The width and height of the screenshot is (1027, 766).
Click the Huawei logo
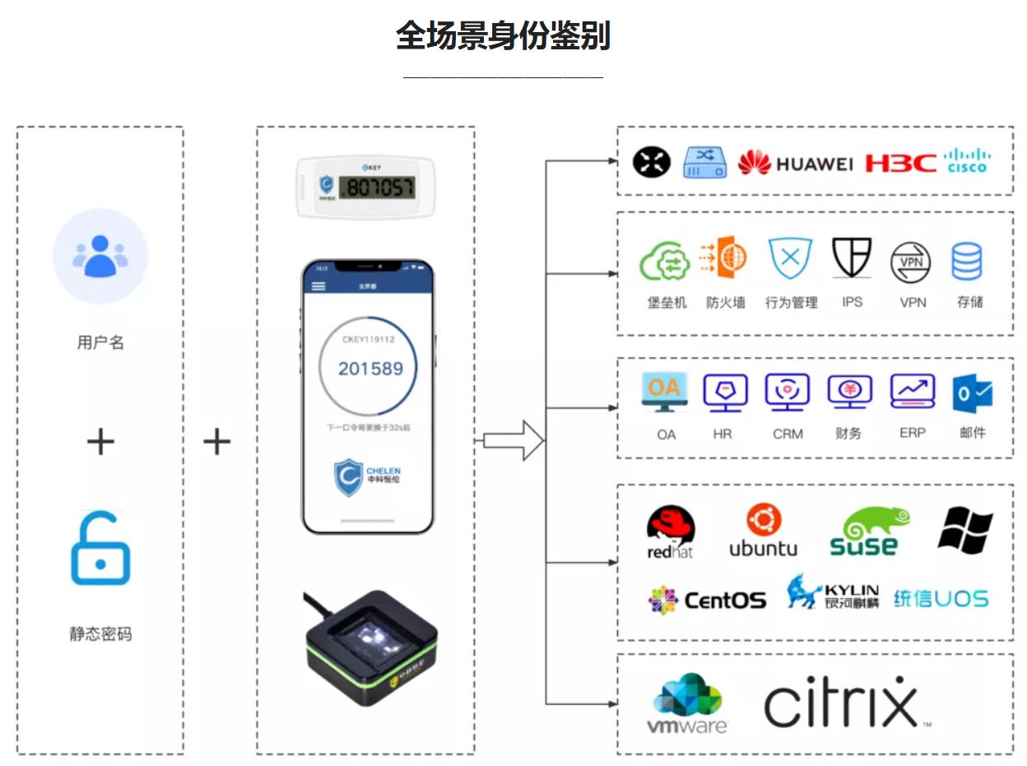click(795, 163)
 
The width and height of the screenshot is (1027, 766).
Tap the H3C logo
click(900, 163)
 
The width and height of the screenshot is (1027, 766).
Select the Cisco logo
click(967, 160)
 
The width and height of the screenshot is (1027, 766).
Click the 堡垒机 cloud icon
click(665, 261)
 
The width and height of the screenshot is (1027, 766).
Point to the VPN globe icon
click(912, 262)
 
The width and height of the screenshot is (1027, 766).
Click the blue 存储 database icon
click(967, 261)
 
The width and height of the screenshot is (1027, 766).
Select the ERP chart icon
click(913, 392)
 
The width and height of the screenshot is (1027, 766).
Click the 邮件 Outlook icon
click(972, 394)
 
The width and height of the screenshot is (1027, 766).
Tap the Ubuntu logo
click(763, 531)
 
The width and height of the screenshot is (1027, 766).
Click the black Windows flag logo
click(965, 529)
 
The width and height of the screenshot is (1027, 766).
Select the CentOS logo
click(707, 599)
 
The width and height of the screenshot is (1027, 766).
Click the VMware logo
click(687, 704)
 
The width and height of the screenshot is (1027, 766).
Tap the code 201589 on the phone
click(370, 368)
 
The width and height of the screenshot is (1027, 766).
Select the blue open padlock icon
click(100, 550)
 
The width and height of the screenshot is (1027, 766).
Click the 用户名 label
click(100, 342)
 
